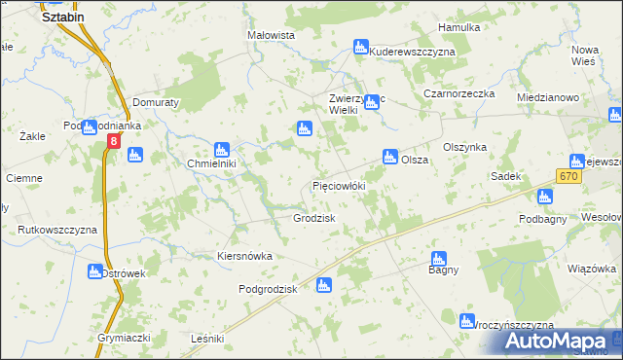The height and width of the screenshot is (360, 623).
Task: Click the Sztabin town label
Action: (63, 17)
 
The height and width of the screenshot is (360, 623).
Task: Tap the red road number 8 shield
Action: (114, 142)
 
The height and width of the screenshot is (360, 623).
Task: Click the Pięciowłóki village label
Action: (338, 184)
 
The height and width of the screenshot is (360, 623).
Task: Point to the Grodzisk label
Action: (314, 218)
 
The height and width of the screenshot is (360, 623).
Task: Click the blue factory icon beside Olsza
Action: (390, 156)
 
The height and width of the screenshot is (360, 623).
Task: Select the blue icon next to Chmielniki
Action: (221, 150)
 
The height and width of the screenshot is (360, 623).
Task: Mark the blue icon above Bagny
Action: (438, 260)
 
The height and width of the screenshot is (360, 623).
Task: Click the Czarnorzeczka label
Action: (459, 93)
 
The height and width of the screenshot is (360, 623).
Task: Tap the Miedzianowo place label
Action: (548, 97)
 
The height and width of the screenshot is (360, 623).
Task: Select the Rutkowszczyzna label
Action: (57, 230)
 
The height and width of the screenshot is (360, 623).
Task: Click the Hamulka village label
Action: (459, 27)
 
